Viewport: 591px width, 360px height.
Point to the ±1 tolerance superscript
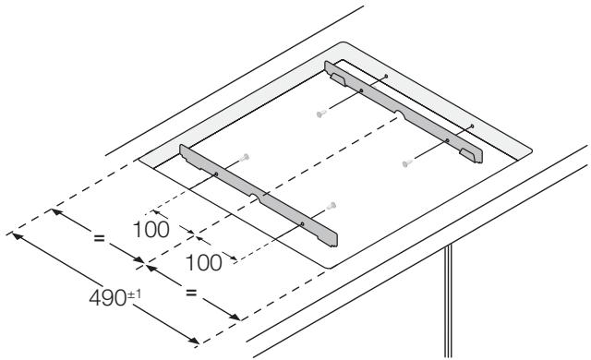click(x=144, y=294)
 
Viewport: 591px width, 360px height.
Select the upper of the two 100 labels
click(x=150, y=229)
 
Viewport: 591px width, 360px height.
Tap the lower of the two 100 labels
click(x=202, y=261)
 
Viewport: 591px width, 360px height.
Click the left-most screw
click(x=245, y=157)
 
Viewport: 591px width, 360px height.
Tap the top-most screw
click(x=320, y=114)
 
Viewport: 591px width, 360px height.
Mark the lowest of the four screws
click(x=332, y=204)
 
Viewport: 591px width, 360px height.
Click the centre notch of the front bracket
click(x=263, y=196)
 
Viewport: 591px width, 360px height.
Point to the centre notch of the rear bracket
click(x=399, y=114)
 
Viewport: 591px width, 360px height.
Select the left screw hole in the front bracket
click(x=215, y=174)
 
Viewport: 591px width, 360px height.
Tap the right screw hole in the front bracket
click(x=302, y=222)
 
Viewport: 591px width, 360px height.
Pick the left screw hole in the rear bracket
click(x=361, y=91)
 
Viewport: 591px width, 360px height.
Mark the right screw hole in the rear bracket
click(x=447, y=140)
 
